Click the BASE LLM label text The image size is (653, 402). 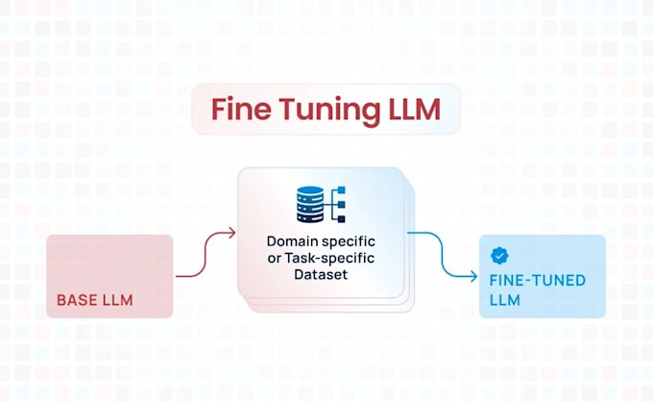click(x=95, y=300)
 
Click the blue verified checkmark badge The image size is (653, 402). click(x=499, y=256)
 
